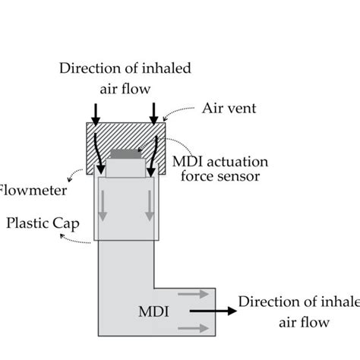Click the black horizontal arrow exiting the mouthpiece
click(210, 311)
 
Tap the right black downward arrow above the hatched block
click(155, 112)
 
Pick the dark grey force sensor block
click(126, 155)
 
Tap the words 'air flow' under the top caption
click(126, 88)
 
